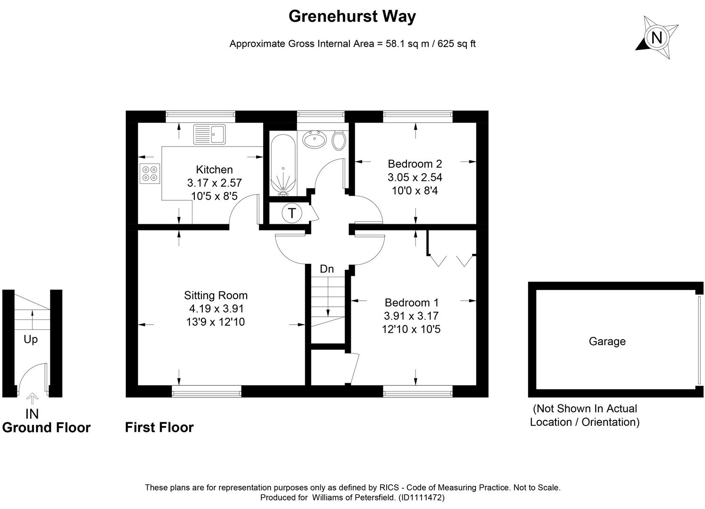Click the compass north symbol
pyautogui.click(x=656, y=37)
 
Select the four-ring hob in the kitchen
pyautogui.click(x=150, y=173)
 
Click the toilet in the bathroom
pyautogui.click(x=339, y=140)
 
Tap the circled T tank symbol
pyautogui.click(x=292, y=213)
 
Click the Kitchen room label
pyautogui.click(x=214, y=170)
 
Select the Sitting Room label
pyautogui.click(x=216, y=296)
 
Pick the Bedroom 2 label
pyautogui.click(x=415, y=164)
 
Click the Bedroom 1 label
pyautogui.click(x=411, y=303)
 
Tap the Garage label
pyautogui.click(x=607, y=341)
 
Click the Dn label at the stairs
pyautogui.click(x=326, y=269)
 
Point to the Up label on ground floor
pyautogui.click(x=31, y=339)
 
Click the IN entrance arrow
pyautogui.click(x=32, y=399)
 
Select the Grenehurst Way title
pyautogui.click(x=352, y=16)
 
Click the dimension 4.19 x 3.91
pyautogui.click(x=216, y=309)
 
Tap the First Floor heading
pyautogui.click(x=159, y=427)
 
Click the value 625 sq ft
pyautogui.click(x=456, y=44)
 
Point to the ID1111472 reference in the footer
pyautogui.click(x=422, y=497)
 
